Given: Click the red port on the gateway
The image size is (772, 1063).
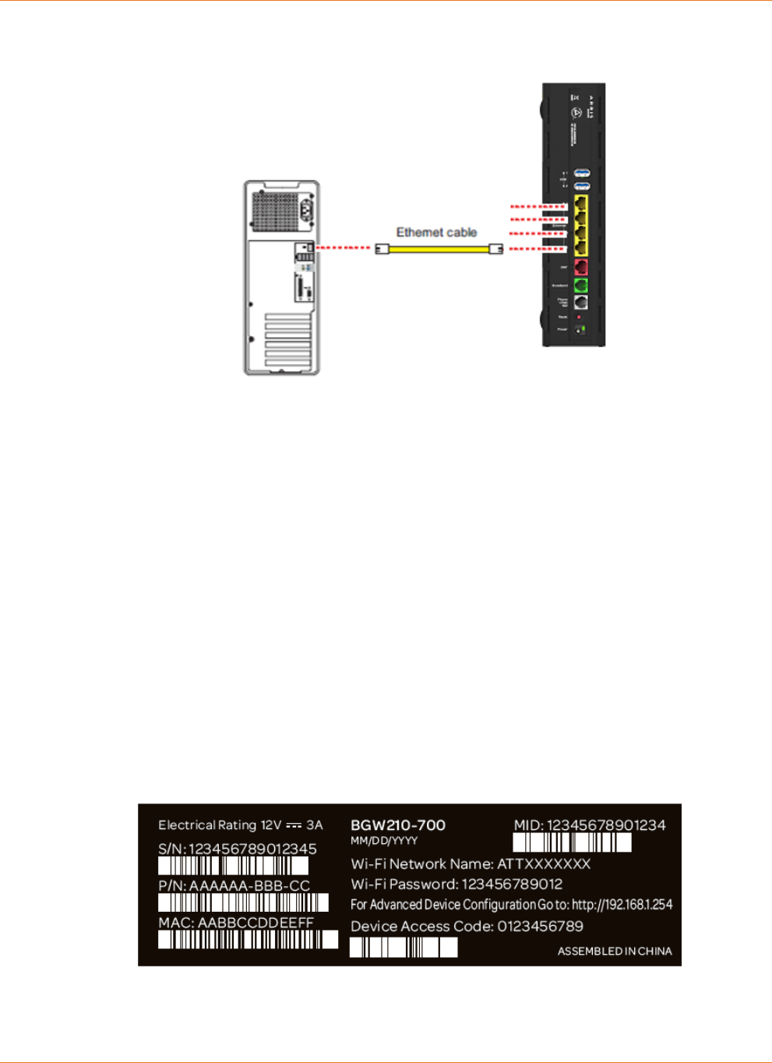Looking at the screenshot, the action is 580,268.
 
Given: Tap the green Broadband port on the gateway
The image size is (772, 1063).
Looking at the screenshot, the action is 580,286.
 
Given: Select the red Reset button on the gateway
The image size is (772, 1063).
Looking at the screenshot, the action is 579,317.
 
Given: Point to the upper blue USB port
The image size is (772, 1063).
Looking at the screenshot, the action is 581,173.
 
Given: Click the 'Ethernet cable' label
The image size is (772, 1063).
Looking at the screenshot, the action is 436,232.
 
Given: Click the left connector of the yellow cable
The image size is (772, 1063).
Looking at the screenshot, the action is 382,249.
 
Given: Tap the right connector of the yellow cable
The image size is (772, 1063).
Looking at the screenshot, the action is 495,249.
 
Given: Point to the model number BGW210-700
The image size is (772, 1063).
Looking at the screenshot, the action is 398,825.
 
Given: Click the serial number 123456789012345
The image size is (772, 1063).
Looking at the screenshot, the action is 252,849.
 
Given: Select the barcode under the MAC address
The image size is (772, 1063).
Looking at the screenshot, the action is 248,940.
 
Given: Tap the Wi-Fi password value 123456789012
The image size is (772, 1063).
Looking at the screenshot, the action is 512,885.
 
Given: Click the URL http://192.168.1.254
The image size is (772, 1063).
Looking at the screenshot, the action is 622,905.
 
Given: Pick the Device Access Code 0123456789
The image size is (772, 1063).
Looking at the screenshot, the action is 540,927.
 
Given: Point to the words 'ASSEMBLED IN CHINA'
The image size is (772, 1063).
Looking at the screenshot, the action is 614,952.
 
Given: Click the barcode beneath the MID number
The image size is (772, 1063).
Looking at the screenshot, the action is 572,842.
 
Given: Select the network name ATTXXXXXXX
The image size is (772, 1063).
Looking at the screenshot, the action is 544,864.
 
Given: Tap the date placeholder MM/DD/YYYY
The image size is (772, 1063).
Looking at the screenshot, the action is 384,841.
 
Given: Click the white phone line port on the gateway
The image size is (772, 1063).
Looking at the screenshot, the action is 580,302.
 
